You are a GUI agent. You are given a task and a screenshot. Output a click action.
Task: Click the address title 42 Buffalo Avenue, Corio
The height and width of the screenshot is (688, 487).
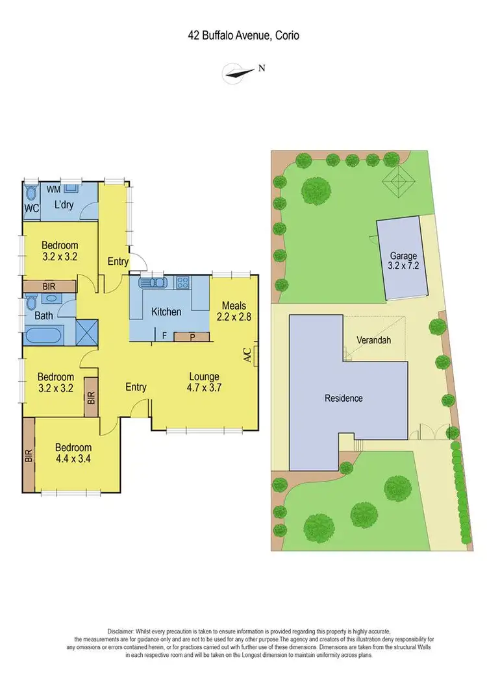(x=243, y=36)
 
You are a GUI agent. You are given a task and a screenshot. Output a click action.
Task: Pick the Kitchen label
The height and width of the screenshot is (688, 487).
(x=166, y=312)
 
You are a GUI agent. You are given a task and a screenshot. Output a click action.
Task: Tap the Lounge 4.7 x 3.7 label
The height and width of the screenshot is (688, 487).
(x=205, y=382)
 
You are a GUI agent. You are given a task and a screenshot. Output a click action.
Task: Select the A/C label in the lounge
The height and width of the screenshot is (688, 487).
(x=247, y=354)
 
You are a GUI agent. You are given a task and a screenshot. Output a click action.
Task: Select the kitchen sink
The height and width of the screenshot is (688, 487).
(x=153, y=282)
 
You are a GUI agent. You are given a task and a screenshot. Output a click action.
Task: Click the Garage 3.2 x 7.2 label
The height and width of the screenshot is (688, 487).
(x=403, y=261)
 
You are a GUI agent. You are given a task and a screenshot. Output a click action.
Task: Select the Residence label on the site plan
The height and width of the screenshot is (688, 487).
(x=343, y=398)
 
